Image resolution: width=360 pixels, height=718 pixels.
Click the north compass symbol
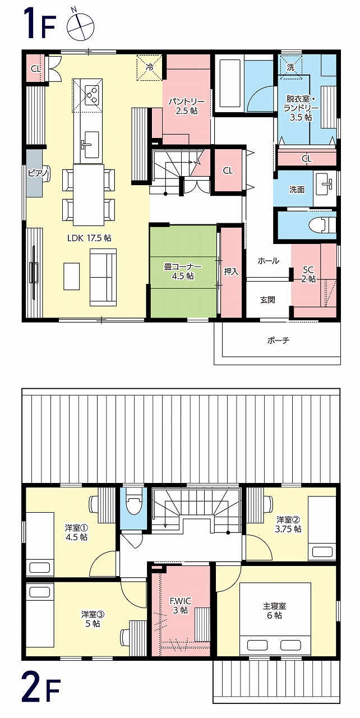click(81, 26)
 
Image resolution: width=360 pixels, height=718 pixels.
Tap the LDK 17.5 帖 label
click(89, 238)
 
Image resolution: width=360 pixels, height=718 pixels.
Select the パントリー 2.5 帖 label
click(187, 107)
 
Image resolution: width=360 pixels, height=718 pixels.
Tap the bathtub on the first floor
click(229, 84)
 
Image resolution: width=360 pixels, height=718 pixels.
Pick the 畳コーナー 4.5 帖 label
click(183, 271)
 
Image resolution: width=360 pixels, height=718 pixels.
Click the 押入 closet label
click(231, 271)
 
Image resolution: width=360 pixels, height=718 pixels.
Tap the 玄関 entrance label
click(267, 300)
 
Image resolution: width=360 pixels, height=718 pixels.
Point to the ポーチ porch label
click(278, 340)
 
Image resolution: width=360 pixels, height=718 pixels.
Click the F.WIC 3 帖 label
click(181, 605)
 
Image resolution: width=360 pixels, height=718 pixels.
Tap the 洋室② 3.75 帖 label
click(289, 524)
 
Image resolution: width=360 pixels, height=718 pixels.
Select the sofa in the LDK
click(103, 277)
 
